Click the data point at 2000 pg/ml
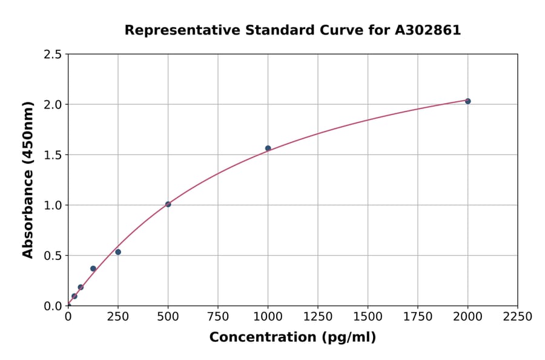click(x=467, y=101)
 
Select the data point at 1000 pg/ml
click(x=268, y=148)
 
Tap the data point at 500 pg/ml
click(x=168, y=204)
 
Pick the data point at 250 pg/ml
click(x=118, y=252)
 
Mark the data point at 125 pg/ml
click(x=93, y=268)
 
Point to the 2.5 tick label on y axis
click(x=53, y=55)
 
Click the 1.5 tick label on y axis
click(x=53, y=155)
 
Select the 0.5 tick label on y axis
click(x=53, y=256)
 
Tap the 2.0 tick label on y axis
click(x=53, y=105)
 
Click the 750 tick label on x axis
click(x=218, y=316)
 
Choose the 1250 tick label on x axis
click(x=318, y=316)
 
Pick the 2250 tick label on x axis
click(x=518, y=316)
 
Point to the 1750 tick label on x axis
click(x=418, y=316)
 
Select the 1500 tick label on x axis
click(x=368, y=316)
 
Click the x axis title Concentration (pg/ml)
click(x=292, y=338)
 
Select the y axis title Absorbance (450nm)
click(x=28, y=180)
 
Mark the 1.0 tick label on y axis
click(x=53, y=205)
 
